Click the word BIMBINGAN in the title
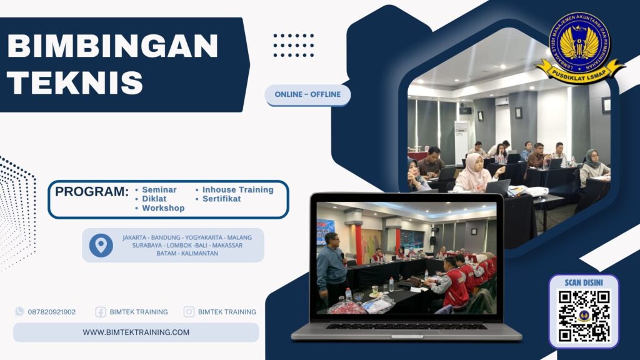coord(112,47)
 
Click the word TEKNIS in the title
coord(76,82)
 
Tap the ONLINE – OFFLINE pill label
coord(307,94)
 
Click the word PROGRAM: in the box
coord(91,192)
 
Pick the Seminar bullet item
coord(159,189)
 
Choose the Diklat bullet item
coord(154,199)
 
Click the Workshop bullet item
coord(162,208)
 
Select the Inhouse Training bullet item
coord(237,189)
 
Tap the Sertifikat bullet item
coord(221,199)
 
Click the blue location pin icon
coord(101,245)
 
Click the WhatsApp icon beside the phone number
coord(19,311)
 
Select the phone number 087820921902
coord(52,312)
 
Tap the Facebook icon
coord(101,312)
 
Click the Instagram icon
coord(189,312)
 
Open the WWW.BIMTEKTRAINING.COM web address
coord(136,332)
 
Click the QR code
coord(584,316)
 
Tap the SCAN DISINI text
coord(584,282)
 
